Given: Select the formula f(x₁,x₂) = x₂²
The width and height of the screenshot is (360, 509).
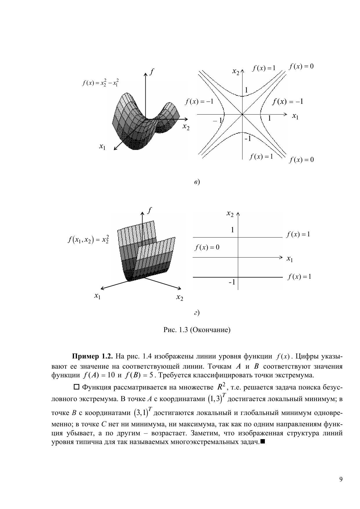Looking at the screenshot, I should point(88,240).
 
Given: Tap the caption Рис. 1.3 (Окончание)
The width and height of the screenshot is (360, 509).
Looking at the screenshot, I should point(197,330).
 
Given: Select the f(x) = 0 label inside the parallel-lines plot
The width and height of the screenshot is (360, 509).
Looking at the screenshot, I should point(207,247).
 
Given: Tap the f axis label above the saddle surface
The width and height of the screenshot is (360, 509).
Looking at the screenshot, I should point(151,71).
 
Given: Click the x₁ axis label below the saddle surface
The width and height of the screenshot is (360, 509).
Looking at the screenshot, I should point(102,147).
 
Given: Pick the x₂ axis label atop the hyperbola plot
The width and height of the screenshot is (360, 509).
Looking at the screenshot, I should point(236,71).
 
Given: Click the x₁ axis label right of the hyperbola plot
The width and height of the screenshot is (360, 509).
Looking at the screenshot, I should point(295,116).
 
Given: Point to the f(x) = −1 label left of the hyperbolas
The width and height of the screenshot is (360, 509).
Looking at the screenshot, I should point(199,102).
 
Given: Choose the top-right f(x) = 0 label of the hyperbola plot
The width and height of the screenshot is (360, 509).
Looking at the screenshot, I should point(301,66).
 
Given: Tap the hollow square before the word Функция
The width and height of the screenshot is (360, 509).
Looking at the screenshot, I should point(77,387).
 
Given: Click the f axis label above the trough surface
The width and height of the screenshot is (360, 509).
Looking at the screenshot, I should point(149,210).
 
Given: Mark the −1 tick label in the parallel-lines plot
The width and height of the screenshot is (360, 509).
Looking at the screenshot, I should point(232,282).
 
